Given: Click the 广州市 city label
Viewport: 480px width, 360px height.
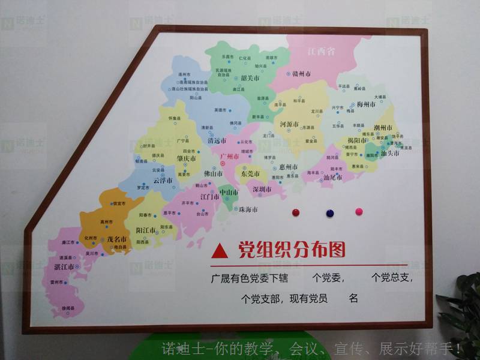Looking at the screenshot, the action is (230, 156).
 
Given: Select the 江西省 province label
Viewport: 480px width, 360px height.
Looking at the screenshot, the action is (320, 52).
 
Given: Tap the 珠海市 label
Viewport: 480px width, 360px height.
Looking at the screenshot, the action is (248, 210).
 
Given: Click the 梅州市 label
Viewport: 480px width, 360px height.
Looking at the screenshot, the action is (366, 104).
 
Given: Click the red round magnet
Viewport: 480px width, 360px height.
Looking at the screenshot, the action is (295, 212).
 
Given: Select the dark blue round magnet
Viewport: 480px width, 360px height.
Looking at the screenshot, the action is (329, 212).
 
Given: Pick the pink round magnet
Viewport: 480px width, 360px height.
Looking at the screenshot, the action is (359, 211).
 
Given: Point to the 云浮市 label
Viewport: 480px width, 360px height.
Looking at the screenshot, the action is (163, 180).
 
